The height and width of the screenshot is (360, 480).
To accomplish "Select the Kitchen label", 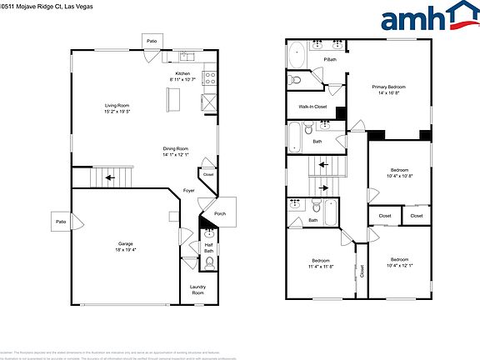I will pos(183,73).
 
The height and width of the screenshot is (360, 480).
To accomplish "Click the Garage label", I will pos(124,244).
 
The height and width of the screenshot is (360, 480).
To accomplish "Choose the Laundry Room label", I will pos(197,290).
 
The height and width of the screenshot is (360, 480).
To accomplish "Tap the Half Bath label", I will pos(208,247).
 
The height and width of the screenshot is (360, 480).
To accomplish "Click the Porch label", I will pos(220,213).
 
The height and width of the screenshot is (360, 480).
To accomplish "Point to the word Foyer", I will pos(189,191).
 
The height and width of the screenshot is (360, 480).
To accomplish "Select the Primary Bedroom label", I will pos(389,87).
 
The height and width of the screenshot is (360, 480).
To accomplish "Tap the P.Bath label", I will pos(330,60).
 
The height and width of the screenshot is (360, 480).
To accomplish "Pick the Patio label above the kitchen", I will pos(152,40).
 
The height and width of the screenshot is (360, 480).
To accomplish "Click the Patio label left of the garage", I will pos(61,222).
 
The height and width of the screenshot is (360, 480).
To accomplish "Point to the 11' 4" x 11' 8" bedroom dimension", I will pos(321,267).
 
